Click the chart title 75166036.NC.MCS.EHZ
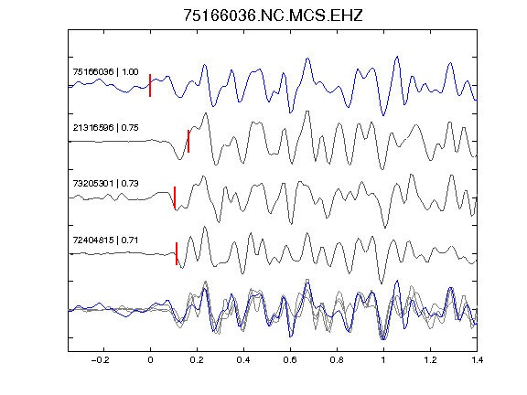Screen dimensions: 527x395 click(273, 16)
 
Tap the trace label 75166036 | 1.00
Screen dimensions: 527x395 click(105, 72)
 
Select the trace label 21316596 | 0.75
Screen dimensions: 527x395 click(105, 128)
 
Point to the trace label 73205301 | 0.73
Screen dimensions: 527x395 click(105, 184)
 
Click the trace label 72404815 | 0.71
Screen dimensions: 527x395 click(105, 240)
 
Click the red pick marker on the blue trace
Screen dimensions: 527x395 click(150, 85)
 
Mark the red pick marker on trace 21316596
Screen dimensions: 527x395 click(188, 142)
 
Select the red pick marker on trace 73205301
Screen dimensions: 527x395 click(175, 197)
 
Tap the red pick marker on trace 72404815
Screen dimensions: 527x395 click(177, 253)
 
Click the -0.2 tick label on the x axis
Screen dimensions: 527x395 click(100, 360)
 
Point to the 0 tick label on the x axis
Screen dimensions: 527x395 click(150, 360)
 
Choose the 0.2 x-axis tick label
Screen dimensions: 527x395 click(197, 360)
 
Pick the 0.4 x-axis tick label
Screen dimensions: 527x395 click(243, 360)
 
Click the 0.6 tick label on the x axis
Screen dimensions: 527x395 click(290, 360)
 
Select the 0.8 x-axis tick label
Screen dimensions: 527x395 click(337, 360)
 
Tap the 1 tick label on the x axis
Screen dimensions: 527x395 click(383, 360)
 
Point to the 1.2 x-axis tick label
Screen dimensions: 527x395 click(430, 360)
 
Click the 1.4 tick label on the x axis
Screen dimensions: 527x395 click(477, 360)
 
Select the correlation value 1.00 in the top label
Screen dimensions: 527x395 click(130, 72)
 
